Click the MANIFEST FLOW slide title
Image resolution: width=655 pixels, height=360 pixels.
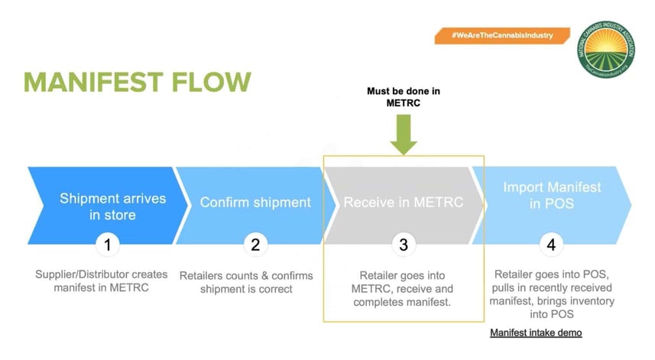(137, 83)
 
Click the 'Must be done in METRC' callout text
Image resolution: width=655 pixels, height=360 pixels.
(403, 98)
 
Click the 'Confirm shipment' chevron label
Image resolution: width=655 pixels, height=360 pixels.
(255, 203)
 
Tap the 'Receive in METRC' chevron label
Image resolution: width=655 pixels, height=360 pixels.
(403, 203)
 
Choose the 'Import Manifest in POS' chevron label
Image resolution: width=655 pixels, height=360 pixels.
(552, 195)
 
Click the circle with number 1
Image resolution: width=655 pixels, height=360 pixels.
(108, 245)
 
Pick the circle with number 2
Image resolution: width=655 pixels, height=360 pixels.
(255, 245)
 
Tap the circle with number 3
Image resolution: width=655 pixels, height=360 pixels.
(403, 245)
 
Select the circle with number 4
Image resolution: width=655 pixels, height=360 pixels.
(552, 245)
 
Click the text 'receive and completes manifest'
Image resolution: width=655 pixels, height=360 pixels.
(403, 296)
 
